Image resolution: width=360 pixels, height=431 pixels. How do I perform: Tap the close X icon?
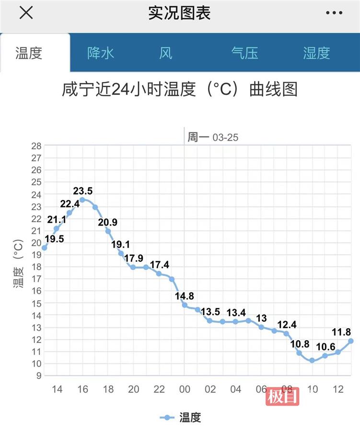click(26, 13)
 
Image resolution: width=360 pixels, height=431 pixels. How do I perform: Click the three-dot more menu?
click(334, 13)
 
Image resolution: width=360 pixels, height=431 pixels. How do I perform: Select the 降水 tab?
click(101, 53)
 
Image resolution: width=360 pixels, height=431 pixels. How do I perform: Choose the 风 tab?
click(165, 53)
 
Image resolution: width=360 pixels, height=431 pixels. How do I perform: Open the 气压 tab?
click(244, 53)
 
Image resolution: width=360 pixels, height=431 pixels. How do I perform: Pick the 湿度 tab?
click(316, 53)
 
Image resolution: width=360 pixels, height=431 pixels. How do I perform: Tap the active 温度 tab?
click(29, 53)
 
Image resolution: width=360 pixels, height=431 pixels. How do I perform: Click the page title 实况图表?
click(180, 13)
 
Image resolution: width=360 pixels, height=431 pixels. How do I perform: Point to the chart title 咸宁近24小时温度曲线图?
click(180, 90)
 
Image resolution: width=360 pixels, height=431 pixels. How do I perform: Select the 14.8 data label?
click(185, 295)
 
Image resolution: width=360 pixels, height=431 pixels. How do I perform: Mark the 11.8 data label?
click(342, 331)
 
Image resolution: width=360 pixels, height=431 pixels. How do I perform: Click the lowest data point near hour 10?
click(312, 360)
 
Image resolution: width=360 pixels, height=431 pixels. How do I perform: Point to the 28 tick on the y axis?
click(36, 146)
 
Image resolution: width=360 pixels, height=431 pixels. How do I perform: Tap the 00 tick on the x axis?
click(185, 389)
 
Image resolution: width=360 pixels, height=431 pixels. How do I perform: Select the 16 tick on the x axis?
click(83, 389)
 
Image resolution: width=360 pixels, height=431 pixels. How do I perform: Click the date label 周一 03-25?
click(213, 137)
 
